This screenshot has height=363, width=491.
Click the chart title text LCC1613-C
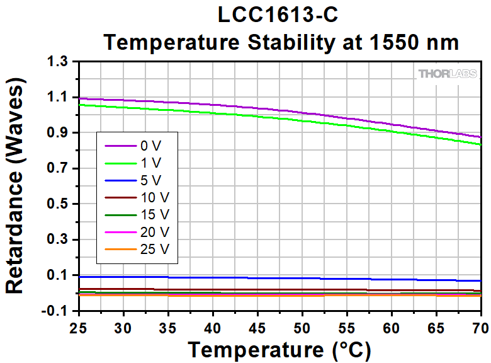(x=280, y=15)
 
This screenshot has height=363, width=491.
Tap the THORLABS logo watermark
(x=448, y=74)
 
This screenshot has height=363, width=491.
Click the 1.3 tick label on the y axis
(x=59, y=62)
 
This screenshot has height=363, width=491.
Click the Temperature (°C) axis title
(x=279, y=349)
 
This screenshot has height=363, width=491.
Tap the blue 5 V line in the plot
(x=252, y=277)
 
